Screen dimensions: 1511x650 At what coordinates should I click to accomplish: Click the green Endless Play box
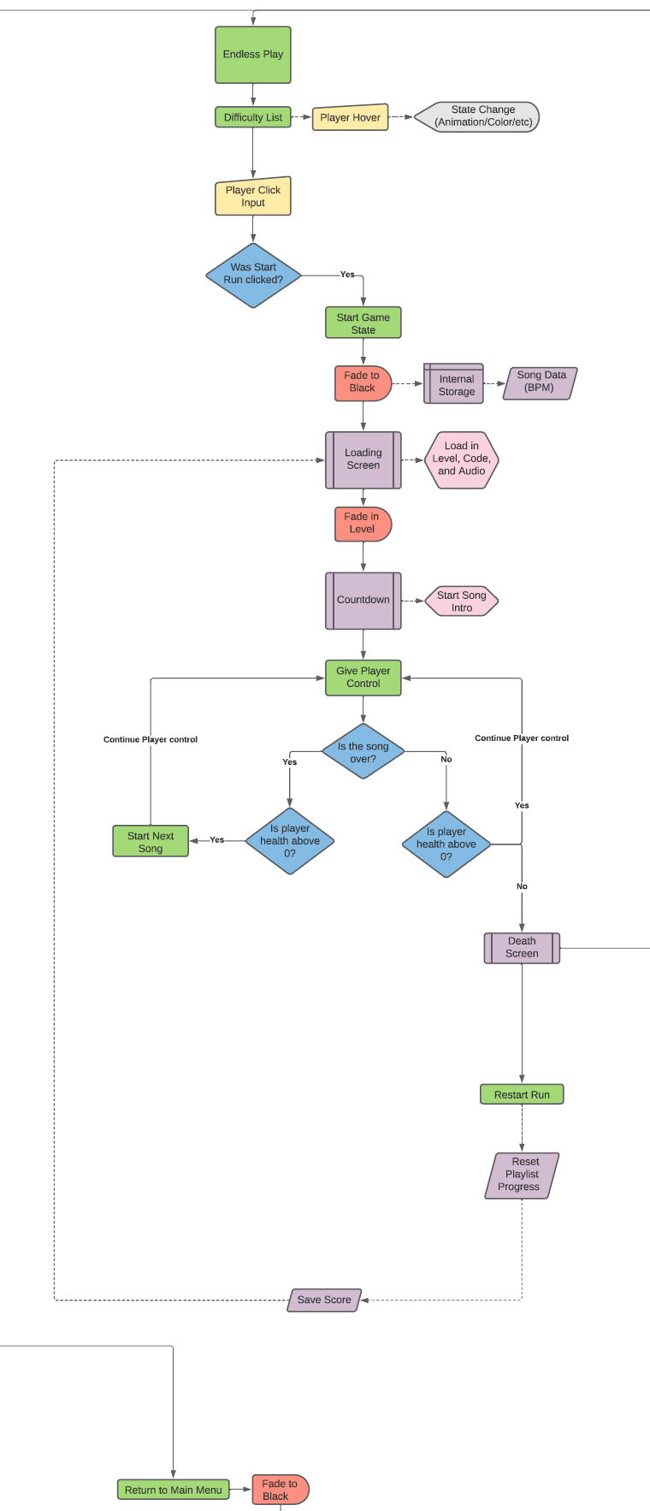point(253,55)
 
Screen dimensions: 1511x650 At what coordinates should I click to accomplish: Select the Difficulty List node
point(253,117)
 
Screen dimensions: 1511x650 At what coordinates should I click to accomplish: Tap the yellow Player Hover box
point(350,117)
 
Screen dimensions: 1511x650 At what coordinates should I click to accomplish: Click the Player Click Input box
point(253,197)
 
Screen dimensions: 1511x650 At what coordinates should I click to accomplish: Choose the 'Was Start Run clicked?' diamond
point(253,275)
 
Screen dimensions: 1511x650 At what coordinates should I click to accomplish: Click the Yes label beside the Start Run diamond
point(347,275)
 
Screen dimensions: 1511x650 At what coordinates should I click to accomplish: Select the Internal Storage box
point(454,384)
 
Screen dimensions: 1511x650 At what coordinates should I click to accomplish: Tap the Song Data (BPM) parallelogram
point(540,382)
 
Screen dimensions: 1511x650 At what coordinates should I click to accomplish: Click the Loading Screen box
point(363,459)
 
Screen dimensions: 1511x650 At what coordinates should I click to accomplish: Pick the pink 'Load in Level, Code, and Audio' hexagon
point(461,459)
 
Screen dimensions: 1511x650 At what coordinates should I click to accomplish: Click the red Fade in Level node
point(363,524)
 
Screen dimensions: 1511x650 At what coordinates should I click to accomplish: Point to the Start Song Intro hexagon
point(461,601)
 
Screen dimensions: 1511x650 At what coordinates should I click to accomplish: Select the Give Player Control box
point(363,678)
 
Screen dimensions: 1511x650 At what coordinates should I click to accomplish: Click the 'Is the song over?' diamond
point(363,752)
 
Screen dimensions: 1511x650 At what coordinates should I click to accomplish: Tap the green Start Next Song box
point(151,841)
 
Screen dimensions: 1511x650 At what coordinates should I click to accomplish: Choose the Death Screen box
point(522,948)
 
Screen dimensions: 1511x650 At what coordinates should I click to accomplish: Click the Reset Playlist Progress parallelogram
point(522,1175)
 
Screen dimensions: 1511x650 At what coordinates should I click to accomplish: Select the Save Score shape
point(324,1300)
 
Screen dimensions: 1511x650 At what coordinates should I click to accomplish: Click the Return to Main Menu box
point(174,1490)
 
